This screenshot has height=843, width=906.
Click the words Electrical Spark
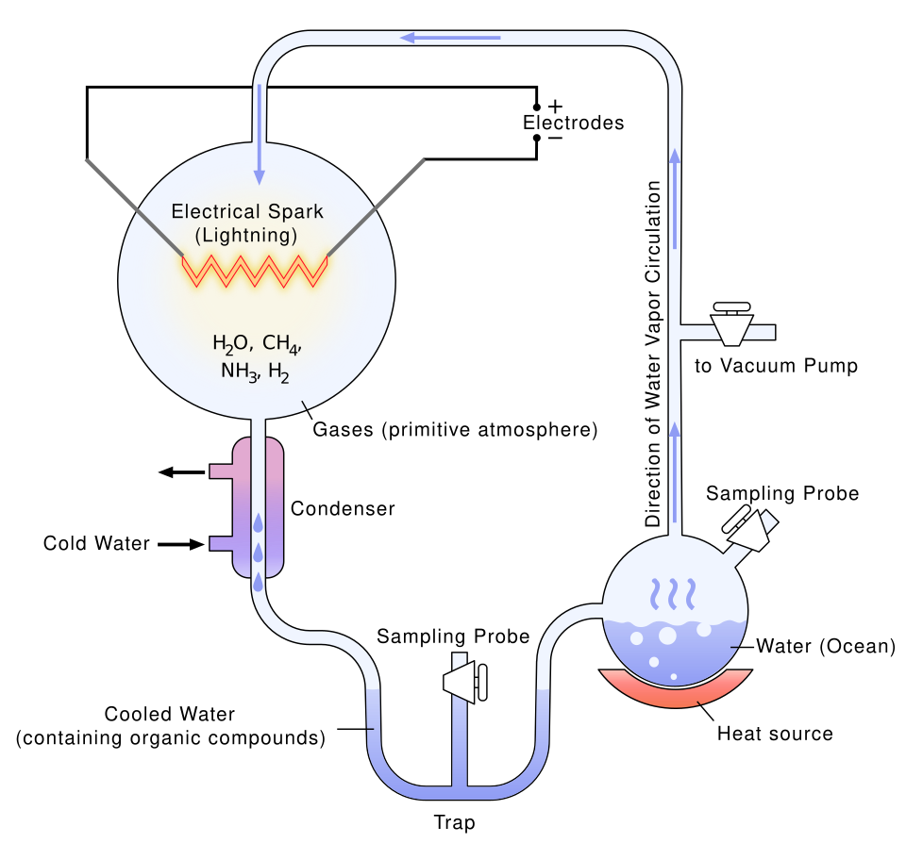click(247, 211)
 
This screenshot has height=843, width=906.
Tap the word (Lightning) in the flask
click(246, 234)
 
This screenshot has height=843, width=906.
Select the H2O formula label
click(231, 344)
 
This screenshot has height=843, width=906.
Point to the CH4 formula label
click(282, 344)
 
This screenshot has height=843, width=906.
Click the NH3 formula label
click(239, 372)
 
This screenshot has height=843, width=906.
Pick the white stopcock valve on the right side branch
click(731, 324)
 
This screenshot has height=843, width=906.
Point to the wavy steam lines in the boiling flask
click(675, 594)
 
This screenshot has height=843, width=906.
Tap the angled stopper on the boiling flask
click(751, 528)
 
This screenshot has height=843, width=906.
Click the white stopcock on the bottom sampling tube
click(466, 680)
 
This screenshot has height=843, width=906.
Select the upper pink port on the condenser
click(223, 471)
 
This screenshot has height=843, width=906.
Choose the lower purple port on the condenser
click(223, 543)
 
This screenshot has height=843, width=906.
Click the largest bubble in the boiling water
click(667, 635)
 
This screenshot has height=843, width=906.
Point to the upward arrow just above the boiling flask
click(675, 471)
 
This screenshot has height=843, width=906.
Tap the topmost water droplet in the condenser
click(258, 523)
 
